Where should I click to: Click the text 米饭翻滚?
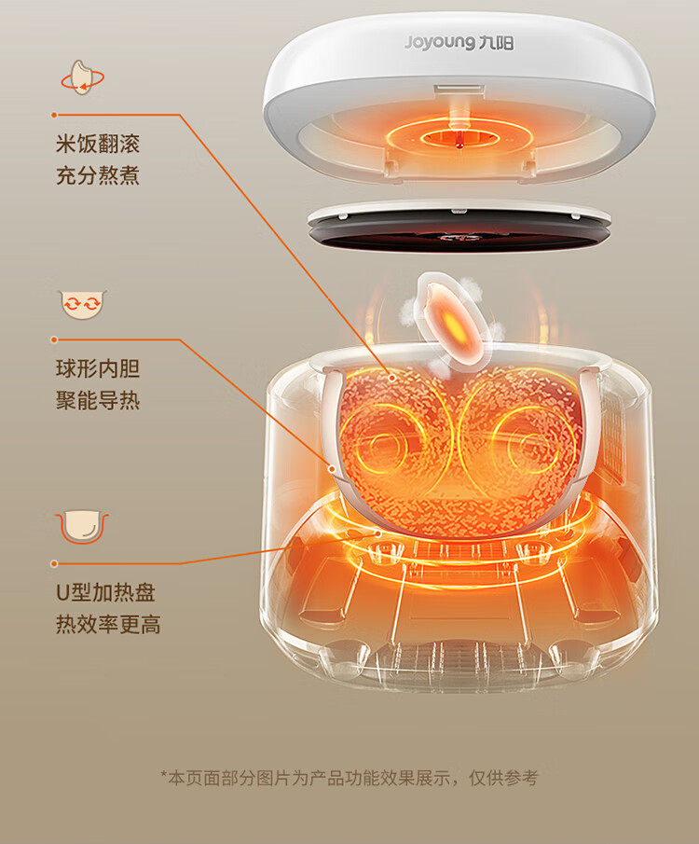(x=98, y=145)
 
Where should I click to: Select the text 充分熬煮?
(x=98, y=174)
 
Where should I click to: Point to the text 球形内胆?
(x=98, y=369)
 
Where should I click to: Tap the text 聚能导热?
(x=98, y=400)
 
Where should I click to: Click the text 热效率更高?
(x=108, y=624)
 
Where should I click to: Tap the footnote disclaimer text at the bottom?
(x=349, y=778)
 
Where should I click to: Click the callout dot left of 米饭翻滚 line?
(x=54, y=115)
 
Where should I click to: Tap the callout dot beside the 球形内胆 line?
(x=54, y=340)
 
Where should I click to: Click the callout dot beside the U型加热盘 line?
(x=54, y=564)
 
